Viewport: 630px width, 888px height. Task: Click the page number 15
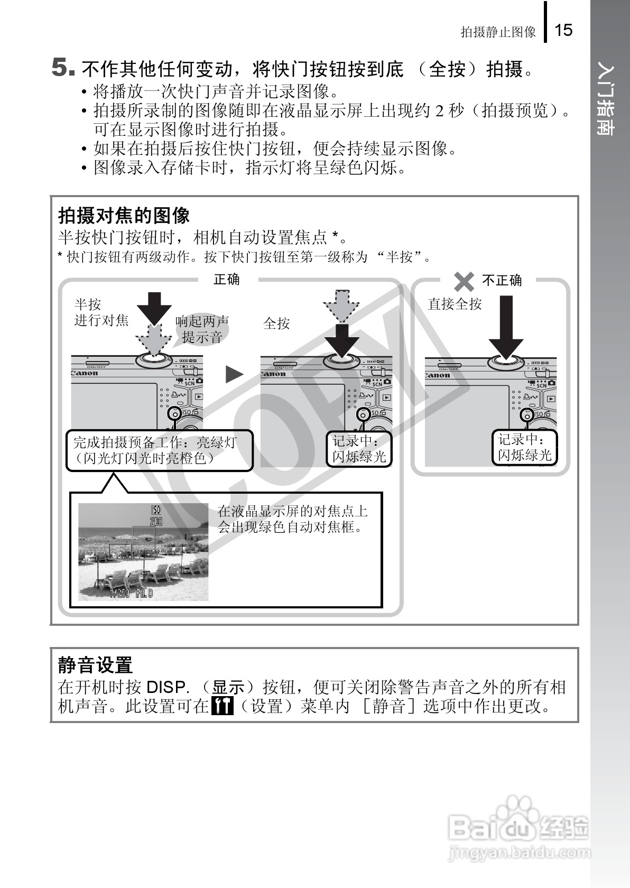563,30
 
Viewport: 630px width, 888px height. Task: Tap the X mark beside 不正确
464,281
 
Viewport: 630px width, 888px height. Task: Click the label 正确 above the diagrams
226,279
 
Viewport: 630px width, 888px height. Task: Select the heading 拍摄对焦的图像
124,215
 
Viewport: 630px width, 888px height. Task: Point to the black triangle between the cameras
234,374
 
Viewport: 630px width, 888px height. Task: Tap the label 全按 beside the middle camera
276,323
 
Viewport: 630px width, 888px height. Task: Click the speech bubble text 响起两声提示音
202,329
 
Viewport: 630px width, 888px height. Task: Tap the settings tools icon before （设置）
222,706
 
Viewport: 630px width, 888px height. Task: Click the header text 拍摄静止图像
498,32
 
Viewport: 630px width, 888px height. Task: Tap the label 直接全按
455,303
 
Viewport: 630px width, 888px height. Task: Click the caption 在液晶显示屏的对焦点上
292,511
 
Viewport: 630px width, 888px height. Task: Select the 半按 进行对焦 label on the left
100,312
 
